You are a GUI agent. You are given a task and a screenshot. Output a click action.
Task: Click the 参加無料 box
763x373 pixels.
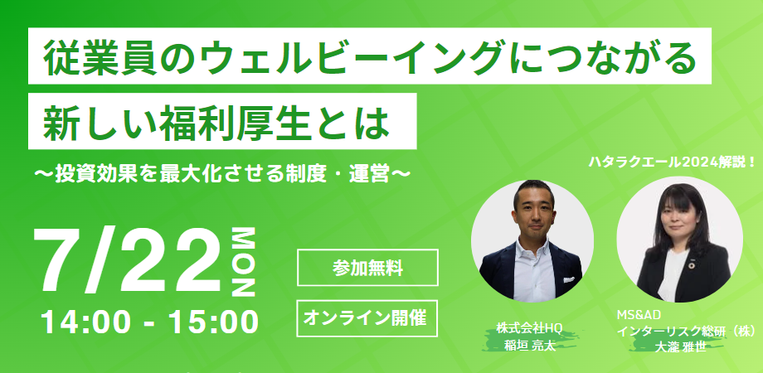pos(367,268)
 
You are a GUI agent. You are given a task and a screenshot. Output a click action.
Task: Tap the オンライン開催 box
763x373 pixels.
pos(367,318)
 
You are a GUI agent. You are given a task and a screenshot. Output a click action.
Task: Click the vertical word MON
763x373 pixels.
pos(243,263)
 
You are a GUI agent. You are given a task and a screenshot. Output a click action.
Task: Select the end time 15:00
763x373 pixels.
pos(213,322)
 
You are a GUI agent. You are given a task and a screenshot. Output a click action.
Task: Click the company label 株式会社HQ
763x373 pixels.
pos(529,328)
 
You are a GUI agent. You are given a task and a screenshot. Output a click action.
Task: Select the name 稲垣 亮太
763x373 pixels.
pos(530,346)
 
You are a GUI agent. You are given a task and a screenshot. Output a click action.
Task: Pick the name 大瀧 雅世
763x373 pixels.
pos(681,347)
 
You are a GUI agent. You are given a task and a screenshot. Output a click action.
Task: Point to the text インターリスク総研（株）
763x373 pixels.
pos(687,332)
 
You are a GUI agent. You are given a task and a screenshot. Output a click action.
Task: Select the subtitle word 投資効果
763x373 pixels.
pos(92,174)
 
